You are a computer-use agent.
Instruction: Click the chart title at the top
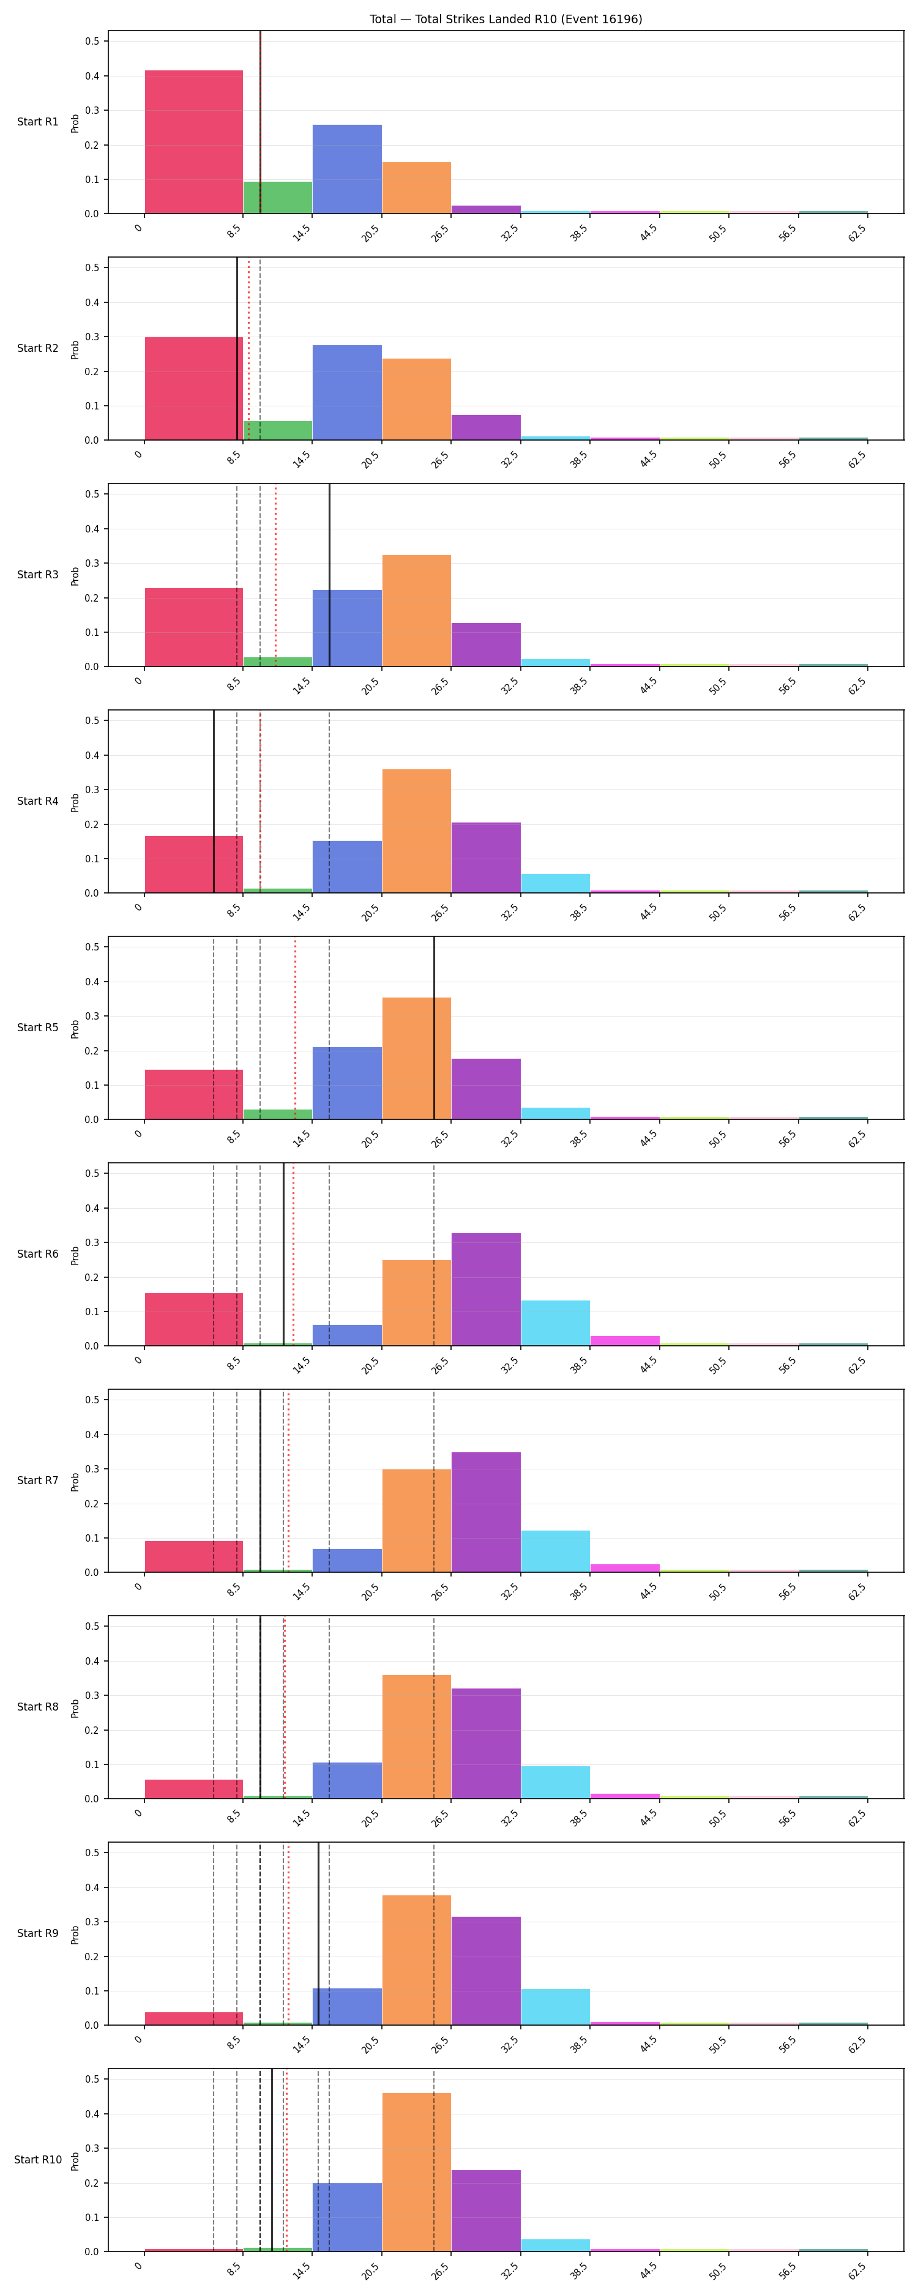506,19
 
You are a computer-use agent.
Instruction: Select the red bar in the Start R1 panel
193,141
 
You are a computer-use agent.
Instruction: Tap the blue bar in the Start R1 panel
347,170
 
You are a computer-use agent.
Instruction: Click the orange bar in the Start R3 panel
416,610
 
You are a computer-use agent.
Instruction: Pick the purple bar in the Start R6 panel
486,1289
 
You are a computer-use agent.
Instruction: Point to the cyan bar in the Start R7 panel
555,1551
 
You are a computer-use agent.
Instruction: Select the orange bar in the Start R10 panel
416,2172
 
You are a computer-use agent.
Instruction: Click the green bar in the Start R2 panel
277,430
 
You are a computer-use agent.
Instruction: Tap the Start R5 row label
37,1027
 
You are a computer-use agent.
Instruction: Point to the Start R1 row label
37,122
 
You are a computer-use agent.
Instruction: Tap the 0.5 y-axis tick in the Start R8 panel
92,1626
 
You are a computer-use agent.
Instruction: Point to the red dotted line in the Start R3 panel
275,575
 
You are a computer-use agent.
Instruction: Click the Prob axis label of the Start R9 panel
75,1933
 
